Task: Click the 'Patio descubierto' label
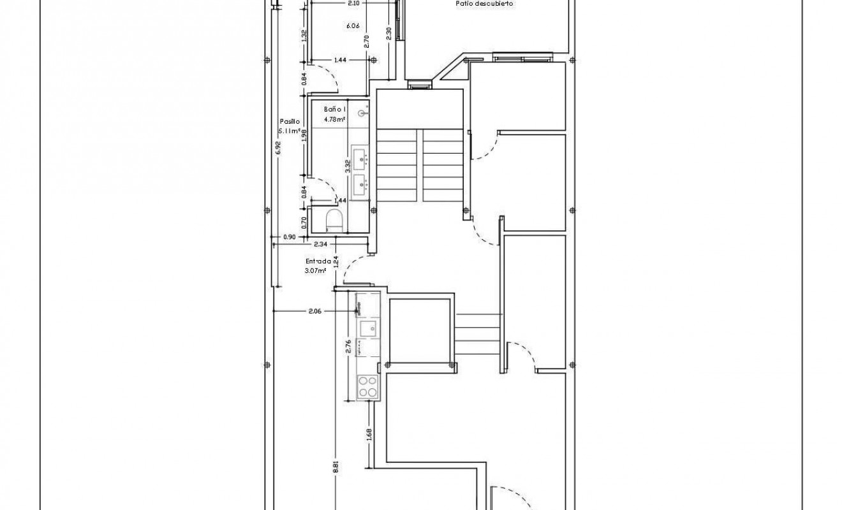(485, 3)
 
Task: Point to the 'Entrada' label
(317, 261)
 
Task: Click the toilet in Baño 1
(334, 221)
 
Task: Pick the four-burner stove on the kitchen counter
(367, 386)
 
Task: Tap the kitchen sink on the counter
(368, 329)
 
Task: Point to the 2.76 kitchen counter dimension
(348, 347)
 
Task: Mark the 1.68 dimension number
(370, 433)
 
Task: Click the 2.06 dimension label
(314, 311)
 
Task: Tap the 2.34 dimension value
(320, 243)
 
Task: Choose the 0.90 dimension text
(289, 237)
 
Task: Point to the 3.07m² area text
(316, 270)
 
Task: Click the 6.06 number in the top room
(353, 26)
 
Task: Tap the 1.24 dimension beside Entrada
(337, 262)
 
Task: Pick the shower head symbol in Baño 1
(362, 114)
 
